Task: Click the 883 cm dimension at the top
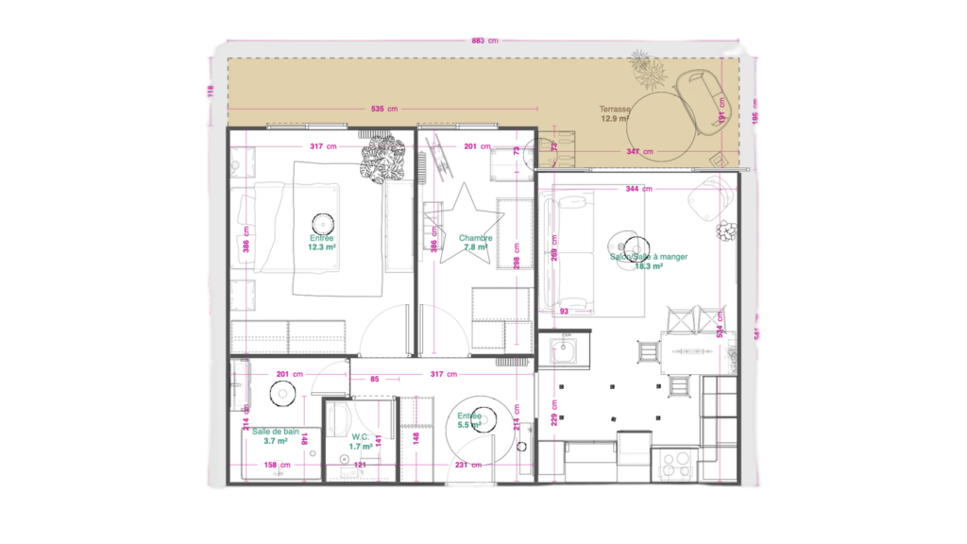(x=483, y=41)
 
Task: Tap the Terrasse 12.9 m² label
(x=615, y=114)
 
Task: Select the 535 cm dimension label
(x=384, y=110)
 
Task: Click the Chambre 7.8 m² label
(x=474, y=243)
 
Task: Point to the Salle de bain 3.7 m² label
(x=275, y=435)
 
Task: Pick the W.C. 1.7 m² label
(x=360, y=441)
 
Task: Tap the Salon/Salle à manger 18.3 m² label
(x=648, y=261)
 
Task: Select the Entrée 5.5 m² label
(x=469, y=420)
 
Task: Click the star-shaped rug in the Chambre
(x=463, y=214)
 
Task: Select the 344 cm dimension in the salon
(x=638, y=189)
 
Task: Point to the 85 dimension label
(x=375, y=380)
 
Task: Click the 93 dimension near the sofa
(x=565, y=311)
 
